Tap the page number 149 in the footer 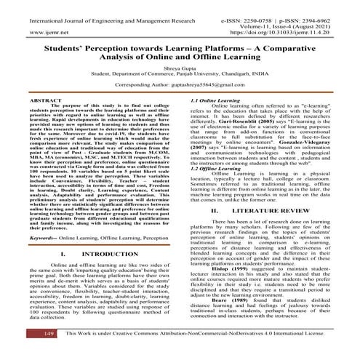[28, 352]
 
